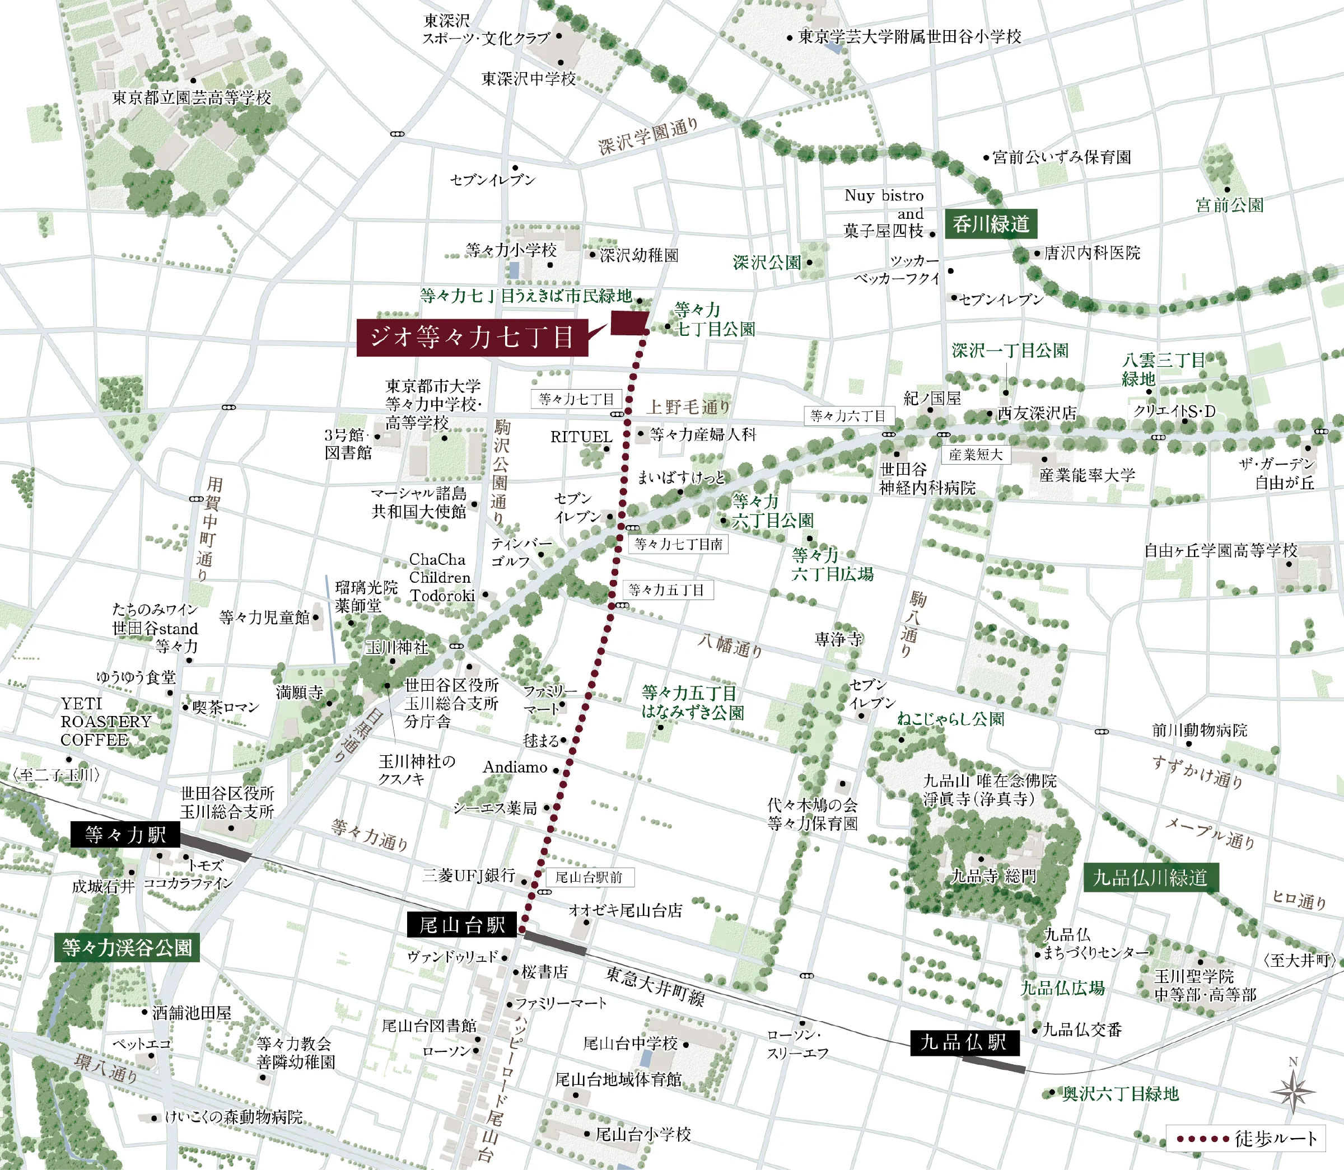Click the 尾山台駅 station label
pos(461,924)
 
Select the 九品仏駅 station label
pos(964,1042)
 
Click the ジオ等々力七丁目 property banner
pos(472,337)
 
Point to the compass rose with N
pos(1293,1091)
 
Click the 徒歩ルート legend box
pos(1246,1139)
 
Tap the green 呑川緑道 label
pos(991,224)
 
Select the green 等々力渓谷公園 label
pos(127,947)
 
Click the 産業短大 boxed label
pos(976,455)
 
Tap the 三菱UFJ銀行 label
pos(469,876)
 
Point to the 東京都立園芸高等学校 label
pos(192,98)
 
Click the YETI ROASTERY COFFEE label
pos(105,722)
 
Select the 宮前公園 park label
pos(1229,205)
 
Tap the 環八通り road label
pos(105,1069)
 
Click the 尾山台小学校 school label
pos(643,1134)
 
